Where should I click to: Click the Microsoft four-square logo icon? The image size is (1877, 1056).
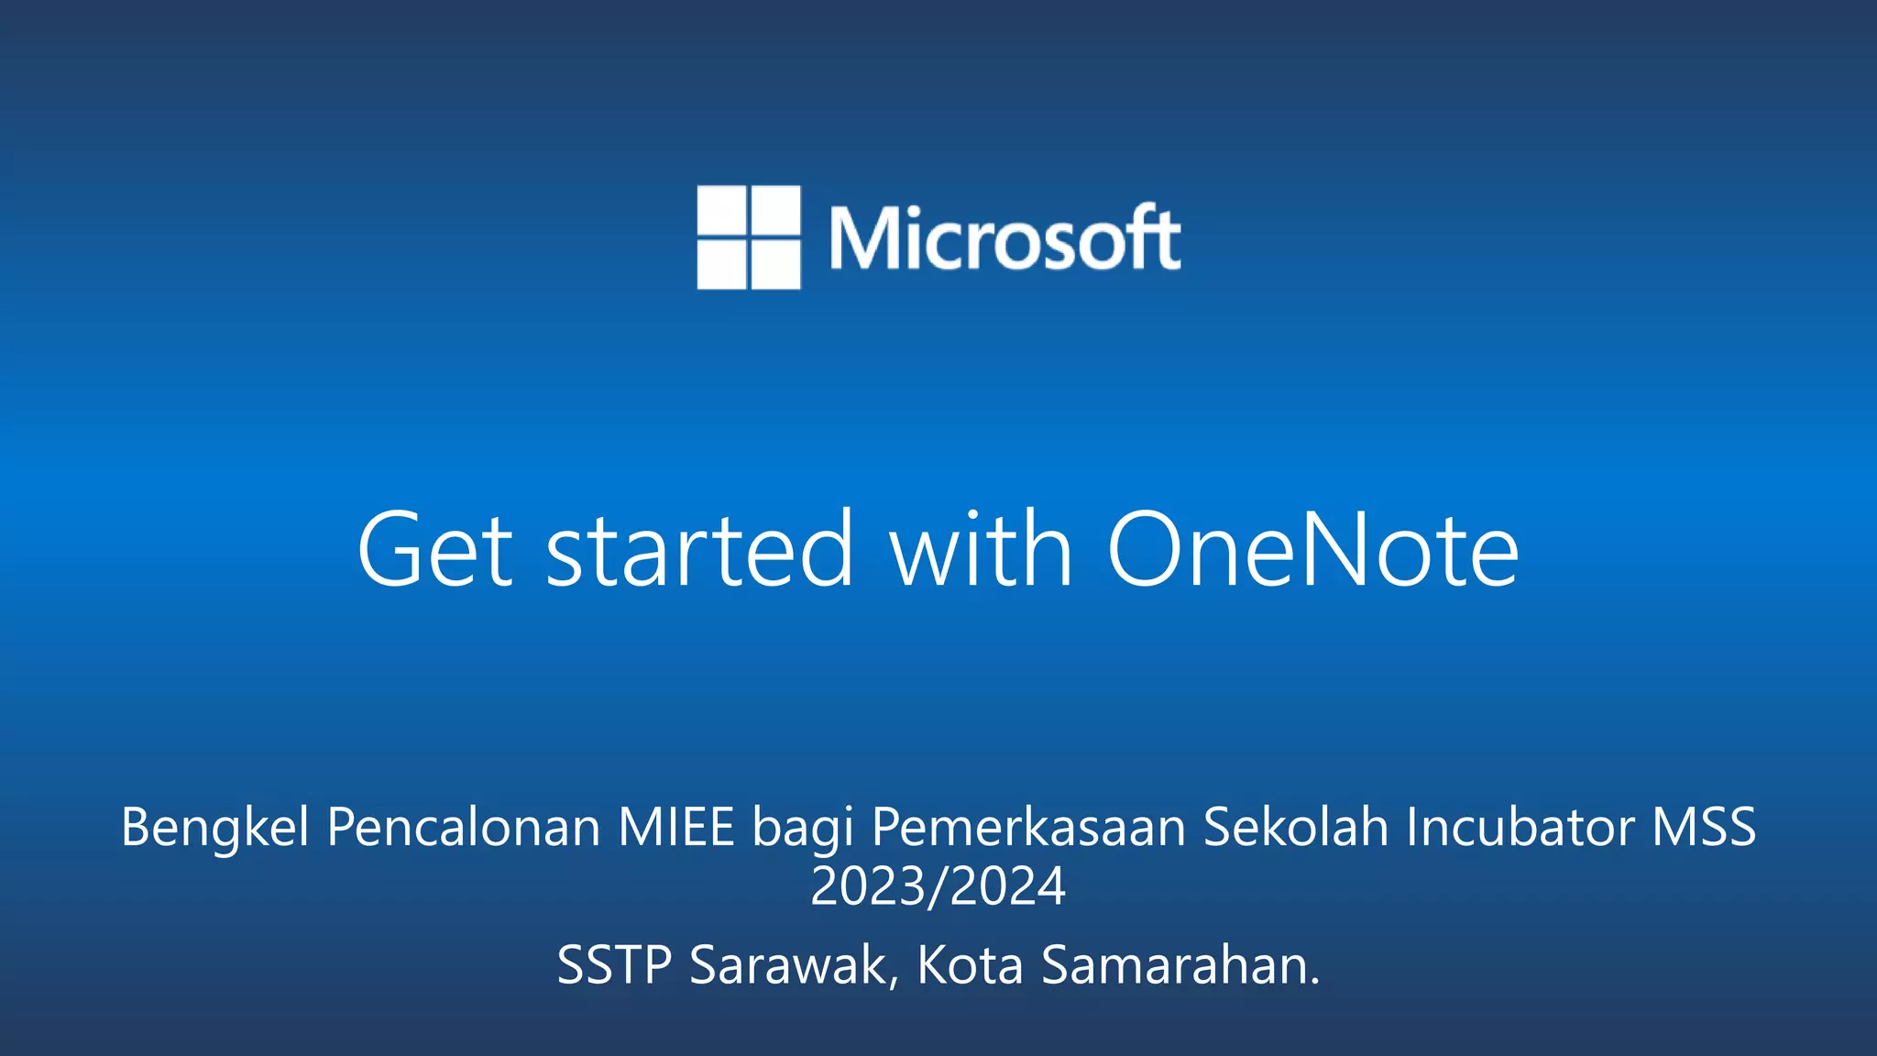[748, 237]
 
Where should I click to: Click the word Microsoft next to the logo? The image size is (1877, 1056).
[1004, 238]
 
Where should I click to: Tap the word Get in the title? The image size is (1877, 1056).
[434, 550]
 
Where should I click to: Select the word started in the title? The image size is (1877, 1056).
[700, 550]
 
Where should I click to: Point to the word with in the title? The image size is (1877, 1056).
[981, 550]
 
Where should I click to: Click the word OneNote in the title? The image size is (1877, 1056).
[1312, 550]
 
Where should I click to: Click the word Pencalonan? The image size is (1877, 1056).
[463, 827]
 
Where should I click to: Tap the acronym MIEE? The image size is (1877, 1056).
[676, 827]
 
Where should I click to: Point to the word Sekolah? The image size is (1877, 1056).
[1296, 827]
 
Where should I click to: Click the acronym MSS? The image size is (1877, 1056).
[1704, 827]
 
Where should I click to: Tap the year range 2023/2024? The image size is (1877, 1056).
[938, 886]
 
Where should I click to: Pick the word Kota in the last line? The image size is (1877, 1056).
[970, 965]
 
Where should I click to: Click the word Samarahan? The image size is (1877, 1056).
[1180, 965]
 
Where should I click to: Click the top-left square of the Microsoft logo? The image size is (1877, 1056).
[721, 211]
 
